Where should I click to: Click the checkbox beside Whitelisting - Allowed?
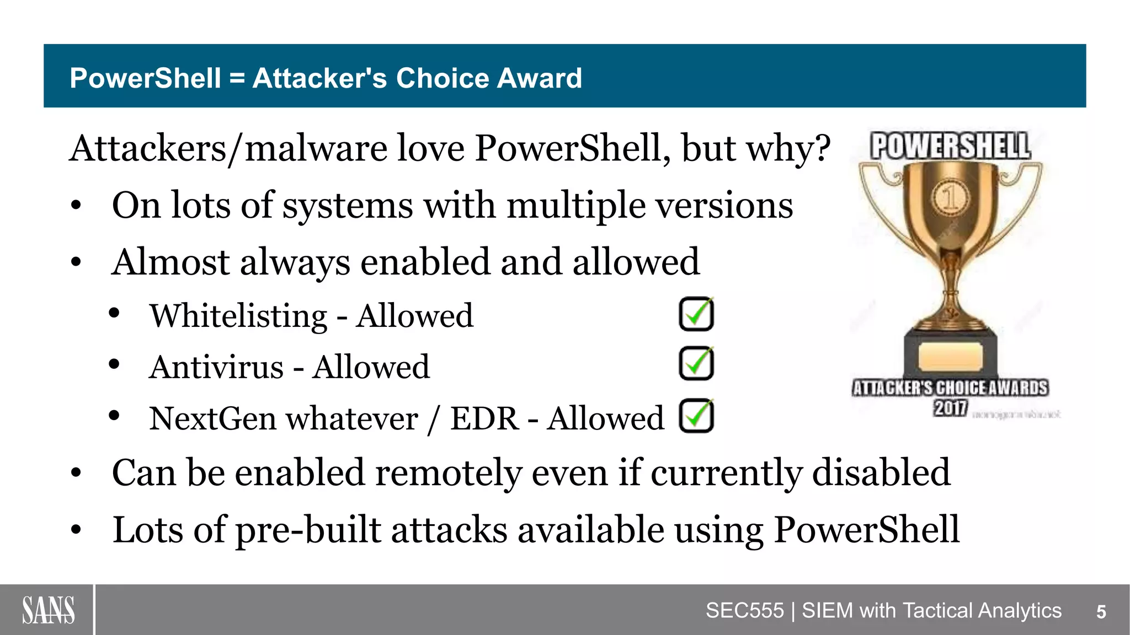[x=696, y=314]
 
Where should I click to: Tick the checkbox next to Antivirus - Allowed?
[x=696, y=364]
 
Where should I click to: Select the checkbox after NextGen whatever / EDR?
[x=696, y=416]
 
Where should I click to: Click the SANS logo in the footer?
[x=48, y=610]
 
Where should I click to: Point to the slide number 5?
[x=1101, y=612]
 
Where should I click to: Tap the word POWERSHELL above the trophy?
[x=950, y=146]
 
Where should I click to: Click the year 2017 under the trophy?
[x=950, y=408]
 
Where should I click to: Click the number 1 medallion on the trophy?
[x=950, y=197]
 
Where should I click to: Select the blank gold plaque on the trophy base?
[x=950, y=357]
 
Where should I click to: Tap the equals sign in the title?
[x=237, y=78]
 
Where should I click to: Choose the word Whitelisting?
[x=239, y=316]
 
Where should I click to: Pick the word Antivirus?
[x=216, y=367]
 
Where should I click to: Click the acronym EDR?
[x=484, y=418]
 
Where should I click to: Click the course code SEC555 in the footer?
[x=744, y=611]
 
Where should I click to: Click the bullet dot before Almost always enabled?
[x=76, y=262]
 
